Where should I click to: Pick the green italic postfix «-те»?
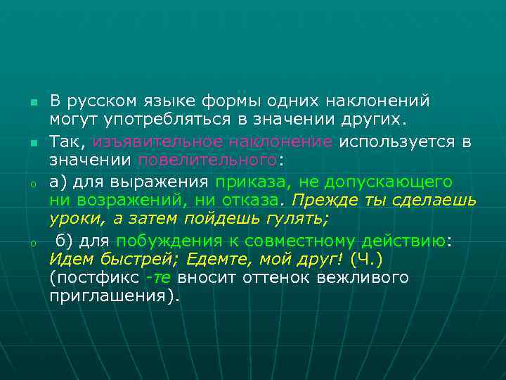pyautogui.click(x=158, y=278)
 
